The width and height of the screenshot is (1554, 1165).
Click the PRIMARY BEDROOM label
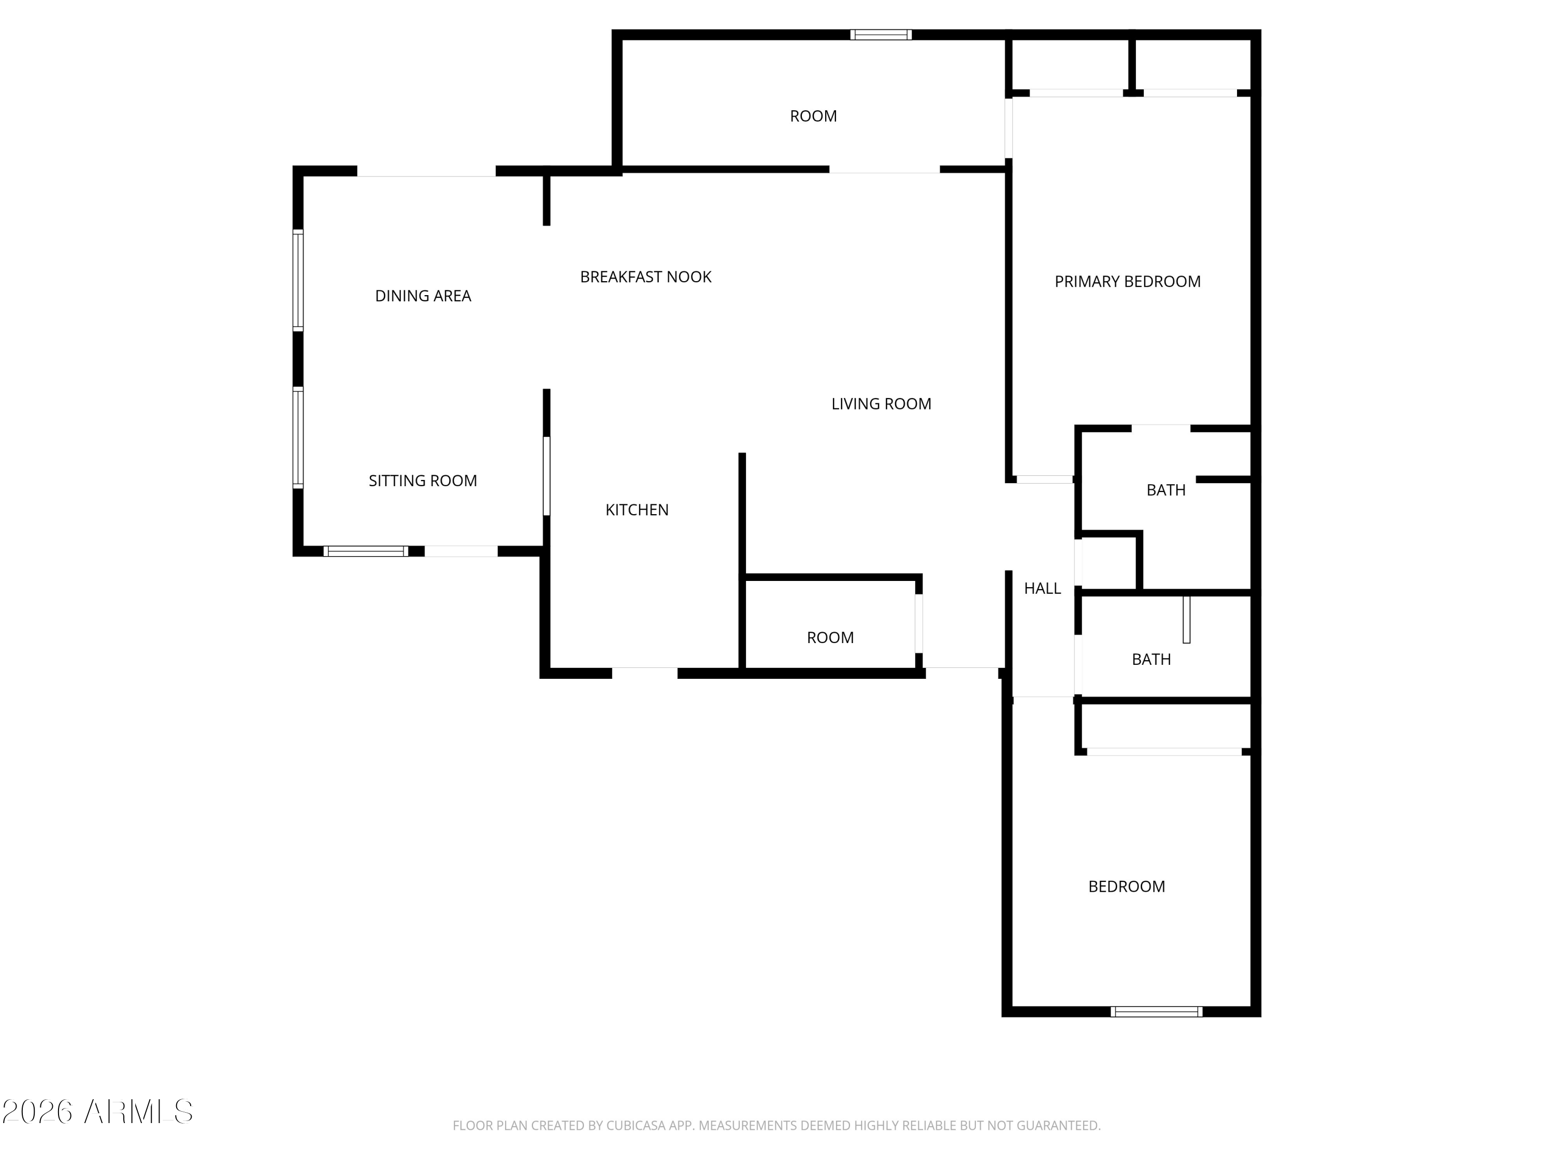tap(1128, 282)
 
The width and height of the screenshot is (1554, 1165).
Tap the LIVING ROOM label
tap(881, 404)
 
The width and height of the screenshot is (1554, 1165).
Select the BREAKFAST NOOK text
tap(645, 276)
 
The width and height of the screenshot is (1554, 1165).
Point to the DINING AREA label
tap(423, 296)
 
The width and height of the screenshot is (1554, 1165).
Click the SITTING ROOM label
tap(423, 480)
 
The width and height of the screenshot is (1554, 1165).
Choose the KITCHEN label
tap(637, 510)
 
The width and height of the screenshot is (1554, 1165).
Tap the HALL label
tap(1043, 589)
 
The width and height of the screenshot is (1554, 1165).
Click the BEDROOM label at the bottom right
tap(1127, 886)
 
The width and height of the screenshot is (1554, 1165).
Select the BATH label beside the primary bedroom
tap(1166, 490)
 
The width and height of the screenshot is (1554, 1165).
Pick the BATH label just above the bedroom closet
tap(1152, 660)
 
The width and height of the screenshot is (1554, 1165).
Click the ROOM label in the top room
tap(814, 116)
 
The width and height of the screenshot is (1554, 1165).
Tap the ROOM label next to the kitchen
tap(830, 637)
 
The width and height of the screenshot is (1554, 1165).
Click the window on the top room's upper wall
tap(881, 34)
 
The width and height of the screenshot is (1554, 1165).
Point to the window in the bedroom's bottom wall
tap(1156, 1012)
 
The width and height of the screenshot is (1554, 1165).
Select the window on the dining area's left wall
tap(298, 280)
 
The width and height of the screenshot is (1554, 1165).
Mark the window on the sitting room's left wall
tap(298, 438)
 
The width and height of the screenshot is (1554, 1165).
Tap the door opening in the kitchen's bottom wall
tap(645, 674)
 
